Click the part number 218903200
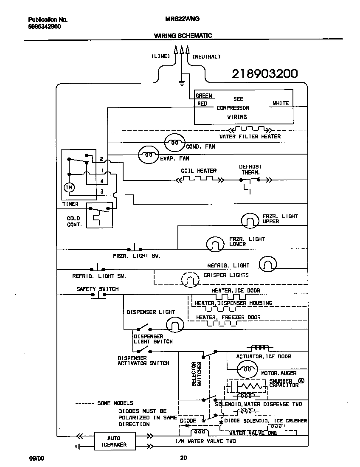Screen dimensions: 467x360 (x=264, y=74)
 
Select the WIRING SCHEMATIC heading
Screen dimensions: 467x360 (x=183, y=36)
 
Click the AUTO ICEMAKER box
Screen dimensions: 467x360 (x=113, y=442)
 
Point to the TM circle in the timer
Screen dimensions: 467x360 (x=68, y=187)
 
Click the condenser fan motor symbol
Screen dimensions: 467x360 (x=174, y=143)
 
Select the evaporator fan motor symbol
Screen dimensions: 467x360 (x=148, y=155)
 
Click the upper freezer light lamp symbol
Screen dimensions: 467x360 (x=250, y=220)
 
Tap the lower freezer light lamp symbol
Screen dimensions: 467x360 (x=215, y=244)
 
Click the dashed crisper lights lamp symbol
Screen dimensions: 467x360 (x=190, y=279)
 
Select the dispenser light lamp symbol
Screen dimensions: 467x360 (x=174, y=325)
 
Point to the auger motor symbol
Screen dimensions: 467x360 (x=247, y=369)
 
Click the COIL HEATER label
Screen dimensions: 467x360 (x=199, y=171)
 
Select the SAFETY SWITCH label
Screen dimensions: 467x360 (x=97, y=289)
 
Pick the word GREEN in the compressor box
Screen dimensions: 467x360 (x=204, y=96)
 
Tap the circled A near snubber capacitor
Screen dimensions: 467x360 (x=301, y=381)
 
